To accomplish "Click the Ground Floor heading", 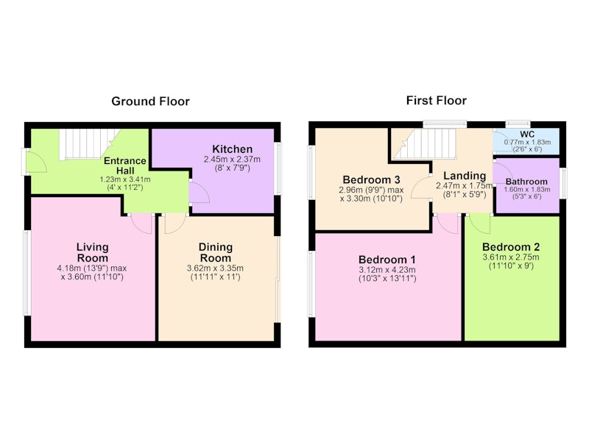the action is click(151, 101).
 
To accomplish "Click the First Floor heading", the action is click(437, 101).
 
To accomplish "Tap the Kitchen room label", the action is click(232, 149).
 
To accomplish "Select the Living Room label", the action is click(93, 252).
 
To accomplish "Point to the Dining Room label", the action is click(216, 252).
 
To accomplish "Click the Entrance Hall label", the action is click(124, 165).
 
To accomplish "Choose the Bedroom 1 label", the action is click(387, 260).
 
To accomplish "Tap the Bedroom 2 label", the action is click(511, 247).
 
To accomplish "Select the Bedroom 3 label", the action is click(371, 179).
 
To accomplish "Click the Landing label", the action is click(465, 176).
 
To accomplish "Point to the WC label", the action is click(527, 135).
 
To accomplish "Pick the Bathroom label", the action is click(526, 182).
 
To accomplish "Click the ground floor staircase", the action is click(89, 144).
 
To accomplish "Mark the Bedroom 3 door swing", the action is click(421, 188).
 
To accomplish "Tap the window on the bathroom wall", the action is click(563, 183).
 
